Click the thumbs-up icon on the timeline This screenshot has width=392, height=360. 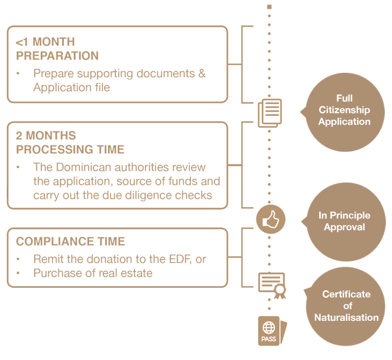click(270, 219)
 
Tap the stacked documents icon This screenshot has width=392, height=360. click(269, 113)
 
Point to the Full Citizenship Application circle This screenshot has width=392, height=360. click(343, 110)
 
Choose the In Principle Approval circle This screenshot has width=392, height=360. click(343, 221)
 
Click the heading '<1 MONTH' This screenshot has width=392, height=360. click(45, 42)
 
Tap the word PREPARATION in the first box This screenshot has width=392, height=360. click(57, 56)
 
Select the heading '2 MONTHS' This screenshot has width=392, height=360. click(46, 136)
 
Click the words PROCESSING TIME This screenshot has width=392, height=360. click(70, 149)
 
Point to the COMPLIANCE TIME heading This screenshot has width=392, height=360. click(71, 242)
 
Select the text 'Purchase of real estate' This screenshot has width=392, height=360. click(93, 273)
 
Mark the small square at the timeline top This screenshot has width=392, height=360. click(270, 7)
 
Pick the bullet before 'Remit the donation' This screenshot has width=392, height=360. click(18, 260)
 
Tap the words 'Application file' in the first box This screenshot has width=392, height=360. click(71, 87)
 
